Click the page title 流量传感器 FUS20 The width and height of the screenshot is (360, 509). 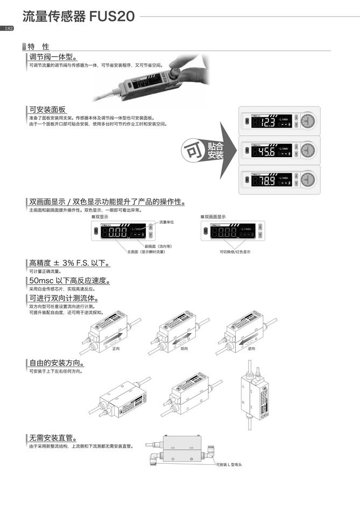(x=79, y=17)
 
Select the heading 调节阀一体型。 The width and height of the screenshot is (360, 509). (x=53, y=57)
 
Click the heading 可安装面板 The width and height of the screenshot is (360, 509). (x=48, y=109)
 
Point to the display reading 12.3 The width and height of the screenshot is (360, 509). (x=267, y=123)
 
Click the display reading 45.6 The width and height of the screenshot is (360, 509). (x=267, y=151)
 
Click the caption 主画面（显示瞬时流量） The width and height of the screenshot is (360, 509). (x=146, y=251)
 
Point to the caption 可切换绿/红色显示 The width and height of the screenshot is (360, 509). (x=234, y=251)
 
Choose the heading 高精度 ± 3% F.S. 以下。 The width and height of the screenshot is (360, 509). (x=69, y=263)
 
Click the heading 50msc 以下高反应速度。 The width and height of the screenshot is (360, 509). (x=69, y=281)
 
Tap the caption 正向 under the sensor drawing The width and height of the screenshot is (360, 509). (x=116, y=348)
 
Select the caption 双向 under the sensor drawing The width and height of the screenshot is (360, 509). (x=184, y=348)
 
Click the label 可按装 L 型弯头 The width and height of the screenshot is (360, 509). (x=228, y=464)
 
